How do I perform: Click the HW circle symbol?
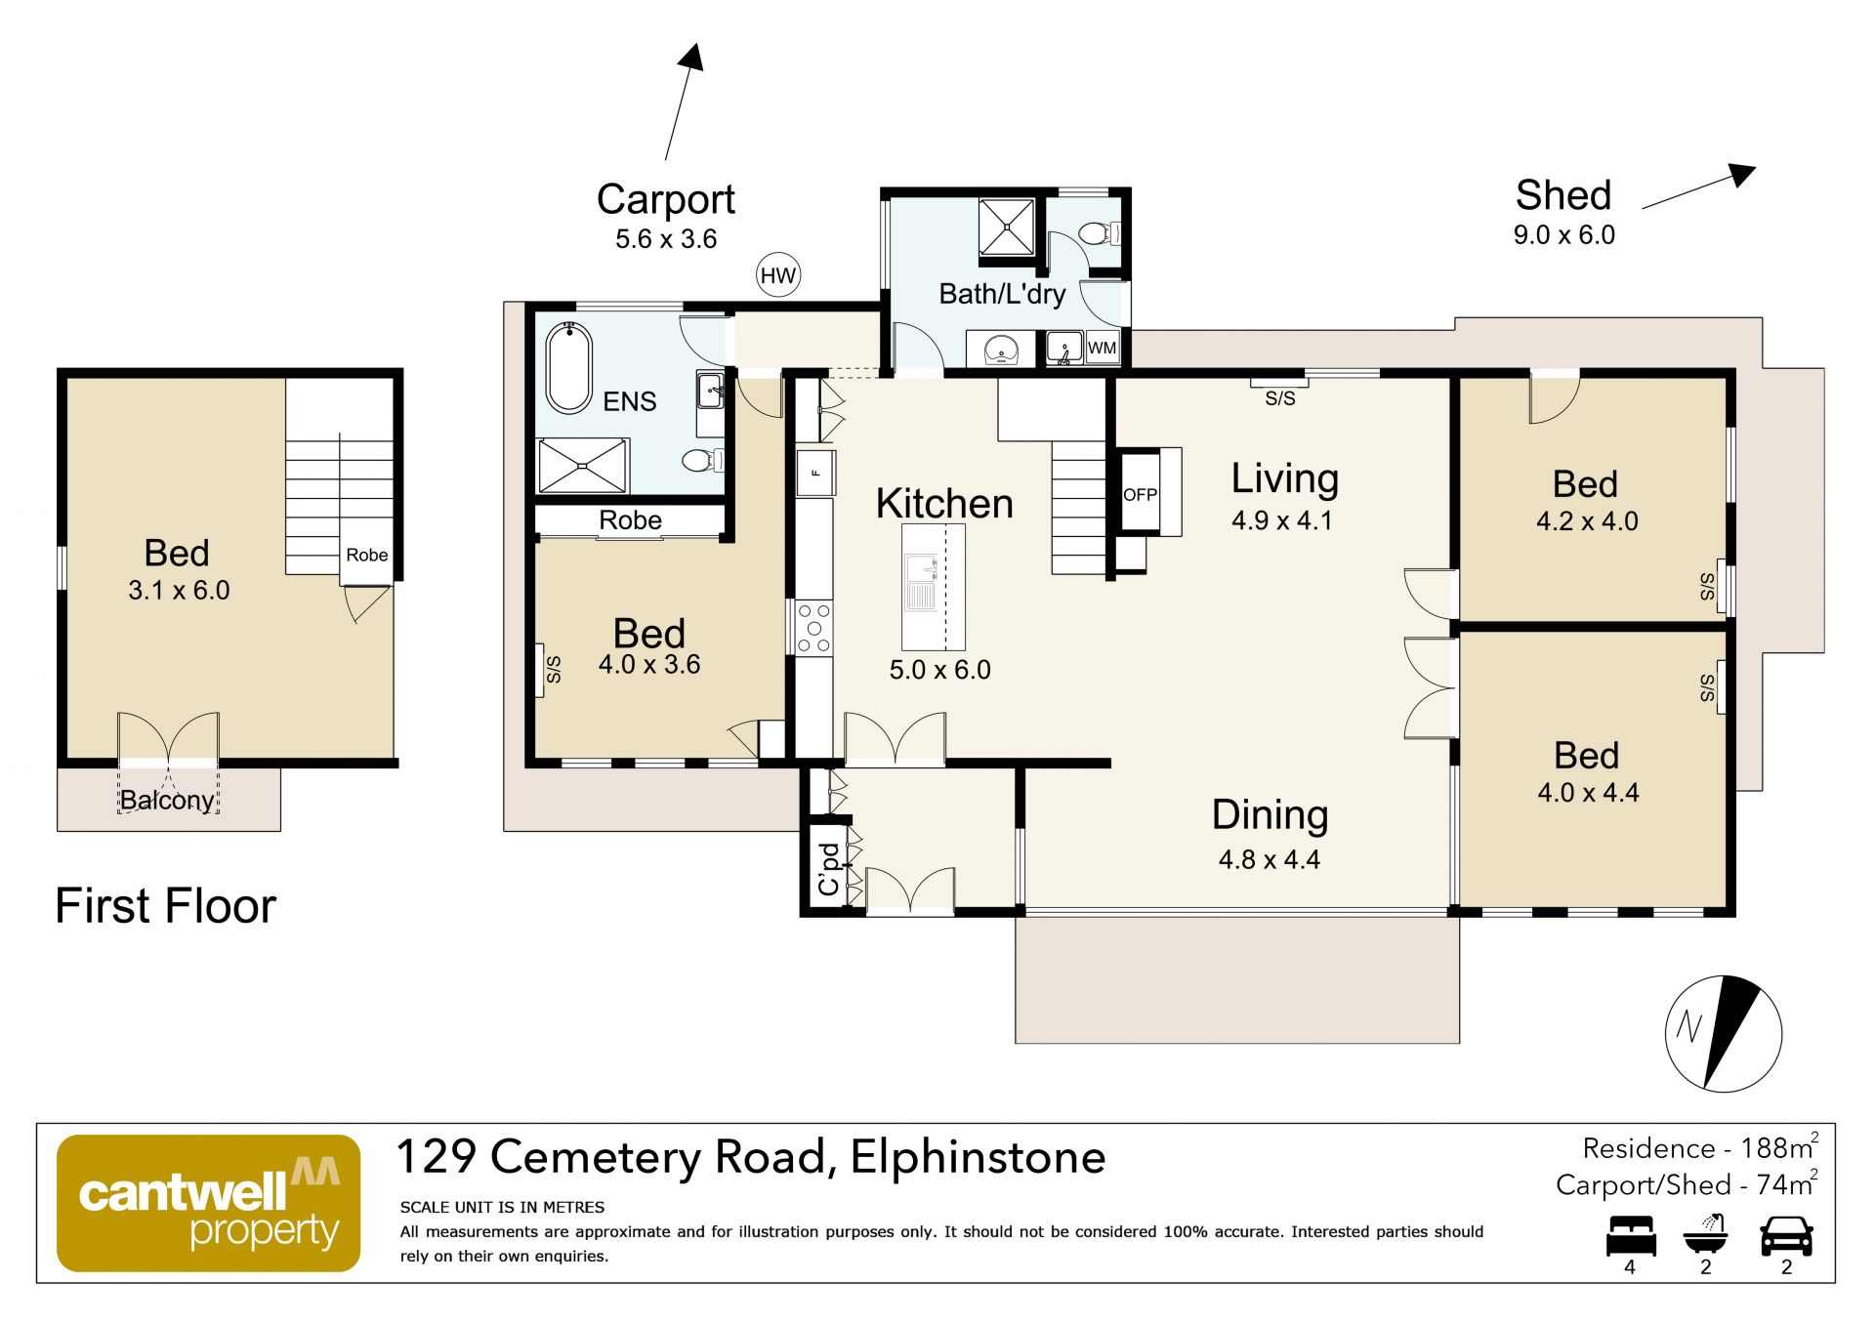(778, 276)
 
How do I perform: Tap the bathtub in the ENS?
(569, 367)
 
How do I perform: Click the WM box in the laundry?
(1102, 348)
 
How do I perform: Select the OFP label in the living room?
(1140, 495)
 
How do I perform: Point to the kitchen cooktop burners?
(813, 628)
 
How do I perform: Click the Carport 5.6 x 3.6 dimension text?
(666, 239)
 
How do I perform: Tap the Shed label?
(1563, 195)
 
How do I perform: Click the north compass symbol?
(1724, 1033)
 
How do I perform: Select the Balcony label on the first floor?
(167, 801)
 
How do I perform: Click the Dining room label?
(1270, 815)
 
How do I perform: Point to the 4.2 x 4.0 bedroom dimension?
(1587, 521)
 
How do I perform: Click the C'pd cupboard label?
(828, 869)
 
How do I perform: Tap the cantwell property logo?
(208, 1203)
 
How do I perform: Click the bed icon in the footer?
(1631, 1236)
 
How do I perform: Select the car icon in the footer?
(1786, 1236)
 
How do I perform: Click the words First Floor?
(166, 906)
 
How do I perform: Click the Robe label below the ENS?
(630, 520)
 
